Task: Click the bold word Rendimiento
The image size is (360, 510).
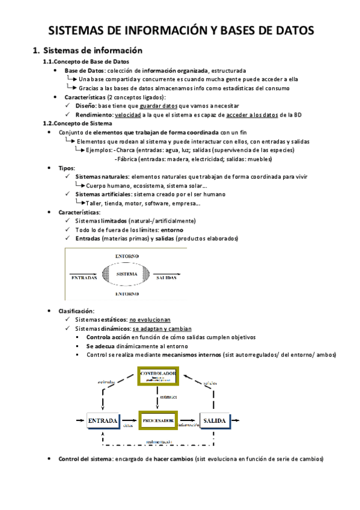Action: [94, 114]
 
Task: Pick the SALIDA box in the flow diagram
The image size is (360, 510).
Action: [214, 421]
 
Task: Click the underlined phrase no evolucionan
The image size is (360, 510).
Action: [150, 320]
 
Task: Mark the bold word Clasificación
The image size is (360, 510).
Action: [76, 311]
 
